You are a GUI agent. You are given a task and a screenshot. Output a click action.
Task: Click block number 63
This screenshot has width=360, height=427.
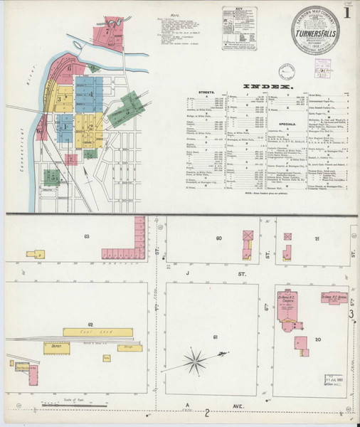coord(87,236)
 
